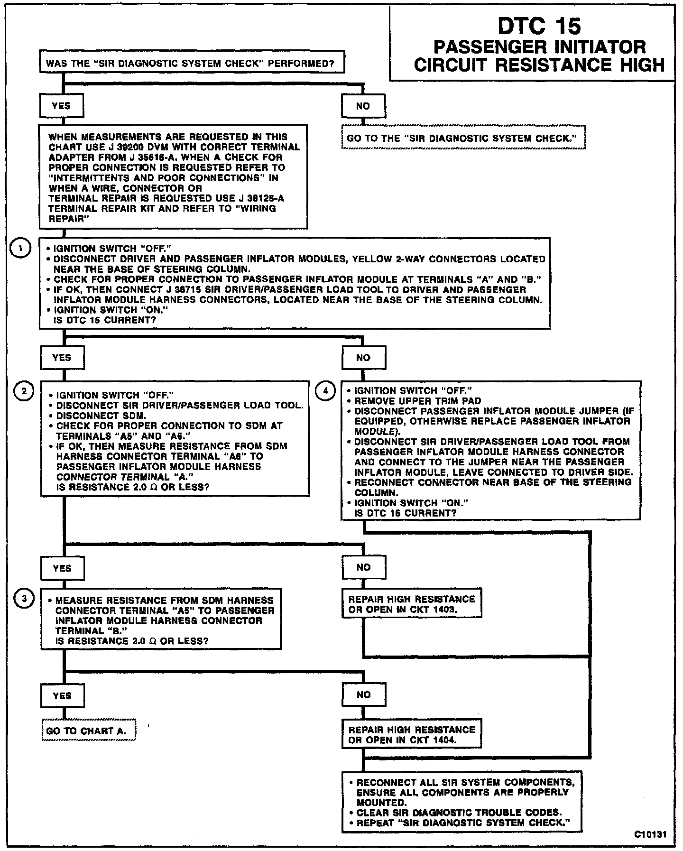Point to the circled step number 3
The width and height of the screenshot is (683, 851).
click(x=22, y=599)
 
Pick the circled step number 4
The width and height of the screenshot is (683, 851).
click(x=325, y=391)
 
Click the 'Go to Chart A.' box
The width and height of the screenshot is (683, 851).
click(x=88, y=731)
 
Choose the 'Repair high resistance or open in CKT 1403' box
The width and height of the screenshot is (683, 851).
click(x=411, y=604)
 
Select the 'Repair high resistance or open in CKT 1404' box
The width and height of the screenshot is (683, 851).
click(x=411, y=734)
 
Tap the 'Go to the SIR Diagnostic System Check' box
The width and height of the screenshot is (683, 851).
click(x=463, y=138)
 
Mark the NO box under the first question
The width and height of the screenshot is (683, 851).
click(x=363, y=106)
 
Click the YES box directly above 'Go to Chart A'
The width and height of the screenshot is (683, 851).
click(x=62, y=695)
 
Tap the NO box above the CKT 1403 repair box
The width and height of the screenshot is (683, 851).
click(x=363, y=567)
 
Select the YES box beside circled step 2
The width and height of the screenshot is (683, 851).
click(x=62, y=358)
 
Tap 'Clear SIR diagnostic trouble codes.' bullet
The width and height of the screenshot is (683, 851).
click(x=459, y=812)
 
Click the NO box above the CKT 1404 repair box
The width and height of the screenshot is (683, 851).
click(x=363, y=694)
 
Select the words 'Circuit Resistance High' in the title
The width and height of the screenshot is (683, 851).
click(x=539, y=65)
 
